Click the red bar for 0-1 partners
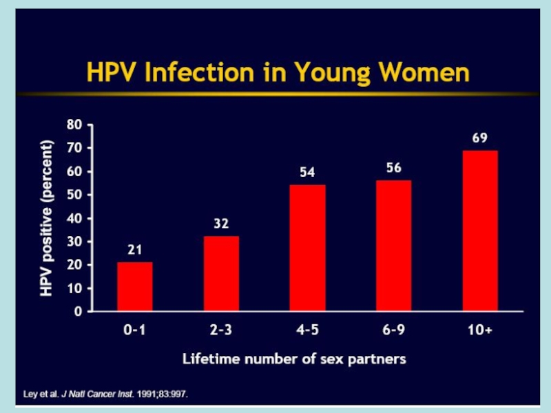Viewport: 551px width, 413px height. [135, 286]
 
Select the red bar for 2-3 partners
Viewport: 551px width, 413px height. [221, 273]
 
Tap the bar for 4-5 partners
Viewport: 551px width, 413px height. [307, 248]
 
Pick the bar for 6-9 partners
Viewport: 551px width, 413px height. [393, 245]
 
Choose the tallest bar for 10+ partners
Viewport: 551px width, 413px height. [480, 230]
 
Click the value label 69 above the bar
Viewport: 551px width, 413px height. [480, 138]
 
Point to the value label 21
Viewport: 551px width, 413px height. [135, 250]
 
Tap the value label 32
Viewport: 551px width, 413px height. [221, 224]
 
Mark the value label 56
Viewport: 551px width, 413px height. [393, 168]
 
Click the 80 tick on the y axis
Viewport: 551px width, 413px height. [74, 125]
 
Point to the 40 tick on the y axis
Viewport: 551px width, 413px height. [74, 218]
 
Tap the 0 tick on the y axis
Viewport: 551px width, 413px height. [77, 311]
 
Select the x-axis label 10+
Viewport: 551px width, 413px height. [480, 330]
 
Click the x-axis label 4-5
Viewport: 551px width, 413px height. [307, 330]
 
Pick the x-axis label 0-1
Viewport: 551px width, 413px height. [135, 330]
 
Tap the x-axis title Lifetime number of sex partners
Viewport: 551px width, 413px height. [294, 359]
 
